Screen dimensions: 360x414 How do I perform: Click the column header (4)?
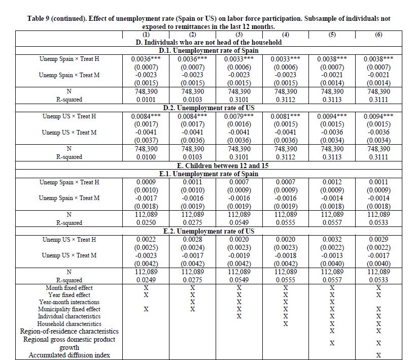pos(285,35)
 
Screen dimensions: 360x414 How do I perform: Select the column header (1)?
pos(146,35)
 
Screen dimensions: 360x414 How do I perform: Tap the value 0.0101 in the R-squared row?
pos(146,100)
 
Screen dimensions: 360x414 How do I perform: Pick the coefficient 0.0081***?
pos(285,116)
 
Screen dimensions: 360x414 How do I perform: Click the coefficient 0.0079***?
pos(238,116)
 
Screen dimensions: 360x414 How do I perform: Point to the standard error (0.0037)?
pos(146,140)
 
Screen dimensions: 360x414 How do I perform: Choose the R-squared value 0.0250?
pos(146,222)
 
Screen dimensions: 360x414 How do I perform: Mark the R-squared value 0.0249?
pos(146,280)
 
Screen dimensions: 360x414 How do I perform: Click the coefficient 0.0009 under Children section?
pos(146,182)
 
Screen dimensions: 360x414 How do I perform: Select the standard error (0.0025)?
pos(146,247)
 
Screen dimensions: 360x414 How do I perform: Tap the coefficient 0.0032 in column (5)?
pos(332,239)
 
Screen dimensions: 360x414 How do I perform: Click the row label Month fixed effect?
pos(69,288)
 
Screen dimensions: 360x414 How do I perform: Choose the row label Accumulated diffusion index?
pos(69,355)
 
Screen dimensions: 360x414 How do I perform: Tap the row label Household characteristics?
pos(69,323)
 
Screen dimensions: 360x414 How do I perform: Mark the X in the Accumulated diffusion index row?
pos(378,355)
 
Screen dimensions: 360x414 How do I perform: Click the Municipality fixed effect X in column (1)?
pos(146,309)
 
